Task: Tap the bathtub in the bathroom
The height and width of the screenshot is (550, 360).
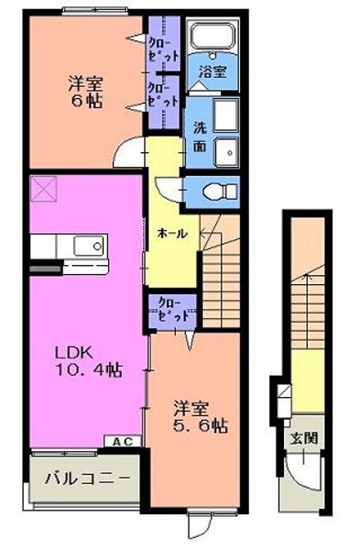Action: click(x=213, y=38)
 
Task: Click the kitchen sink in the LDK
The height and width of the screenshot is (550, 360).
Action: click(x=89, y=247)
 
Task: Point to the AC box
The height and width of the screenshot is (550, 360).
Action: click(x=122, y=441)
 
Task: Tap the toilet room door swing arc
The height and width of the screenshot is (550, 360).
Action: click(x=167, y=190)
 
